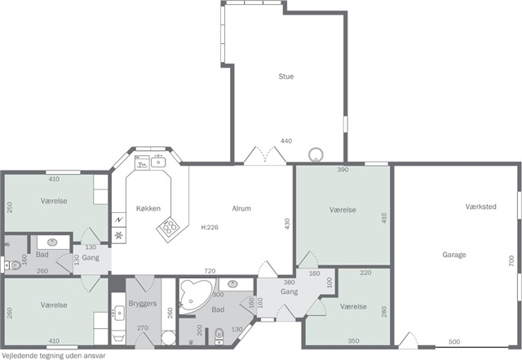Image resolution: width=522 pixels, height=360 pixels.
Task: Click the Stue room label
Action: coord(286,77)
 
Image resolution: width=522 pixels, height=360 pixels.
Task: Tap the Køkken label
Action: coord(148,208)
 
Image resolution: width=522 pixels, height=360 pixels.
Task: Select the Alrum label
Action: coord(241,208)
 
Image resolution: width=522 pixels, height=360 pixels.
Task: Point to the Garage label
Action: coord(454,255)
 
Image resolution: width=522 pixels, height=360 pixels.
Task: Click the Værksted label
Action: coord(480,207)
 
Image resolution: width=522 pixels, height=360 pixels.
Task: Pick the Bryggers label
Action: coord(143,304)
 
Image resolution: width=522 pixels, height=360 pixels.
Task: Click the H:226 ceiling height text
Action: coord(210,227)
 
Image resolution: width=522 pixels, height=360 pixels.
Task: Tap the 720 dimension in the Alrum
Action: coord(210,271)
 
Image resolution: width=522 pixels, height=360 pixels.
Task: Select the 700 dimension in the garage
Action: coord(511,260)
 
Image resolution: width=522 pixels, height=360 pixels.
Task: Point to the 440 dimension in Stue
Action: coord(286,140)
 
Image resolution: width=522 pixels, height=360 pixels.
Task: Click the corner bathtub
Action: coord(197,296)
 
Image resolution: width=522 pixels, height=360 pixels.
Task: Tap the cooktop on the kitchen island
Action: coord(169,227)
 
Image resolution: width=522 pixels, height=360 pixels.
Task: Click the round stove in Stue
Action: coord(316,154)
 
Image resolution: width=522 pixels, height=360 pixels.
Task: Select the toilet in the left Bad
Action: coord(13,265)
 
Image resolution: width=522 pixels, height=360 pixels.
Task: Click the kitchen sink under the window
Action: coord(158,162)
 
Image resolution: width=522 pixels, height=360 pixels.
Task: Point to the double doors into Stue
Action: coord(265,155)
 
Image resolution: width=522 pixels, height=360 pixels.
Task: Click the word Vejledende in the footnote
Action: coord(16,356)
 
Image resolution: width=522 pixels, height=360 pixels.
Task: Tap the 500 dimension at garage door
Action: coord(454,341)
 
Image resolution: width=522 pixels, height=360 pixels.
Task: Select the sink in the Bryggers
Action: coord(118,313)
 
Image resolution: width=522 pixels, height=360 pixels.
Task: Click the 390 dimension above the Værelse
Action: coord(343,169)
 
